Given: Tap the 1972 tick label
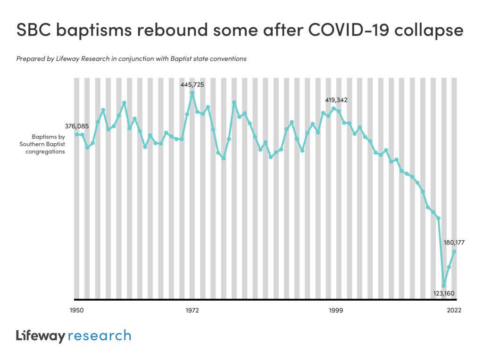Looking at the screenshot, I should (x=192, y=311).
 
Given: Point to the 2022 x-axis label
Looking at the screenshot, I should (x=454, y=311).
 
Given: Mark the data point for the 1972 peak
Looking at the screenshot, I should (x=192, y=93).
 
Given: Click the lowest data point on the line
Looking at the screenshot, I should (x=443, y=286).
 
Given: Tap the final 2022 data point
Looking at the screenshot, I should (x=454, y=252).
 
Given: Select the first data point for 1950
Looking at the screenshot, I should (x=77, y=134).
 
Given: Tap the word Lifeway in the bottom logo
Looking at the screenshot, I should (x=40, y=335).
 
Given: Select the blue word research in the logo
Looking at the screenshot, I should (x=100, y=335).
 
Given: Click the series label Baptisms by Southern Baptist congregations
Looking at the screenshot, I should (x=43, y=144).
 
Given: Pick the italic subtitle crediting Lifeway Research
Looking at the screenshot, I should (x=131, y=59).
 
